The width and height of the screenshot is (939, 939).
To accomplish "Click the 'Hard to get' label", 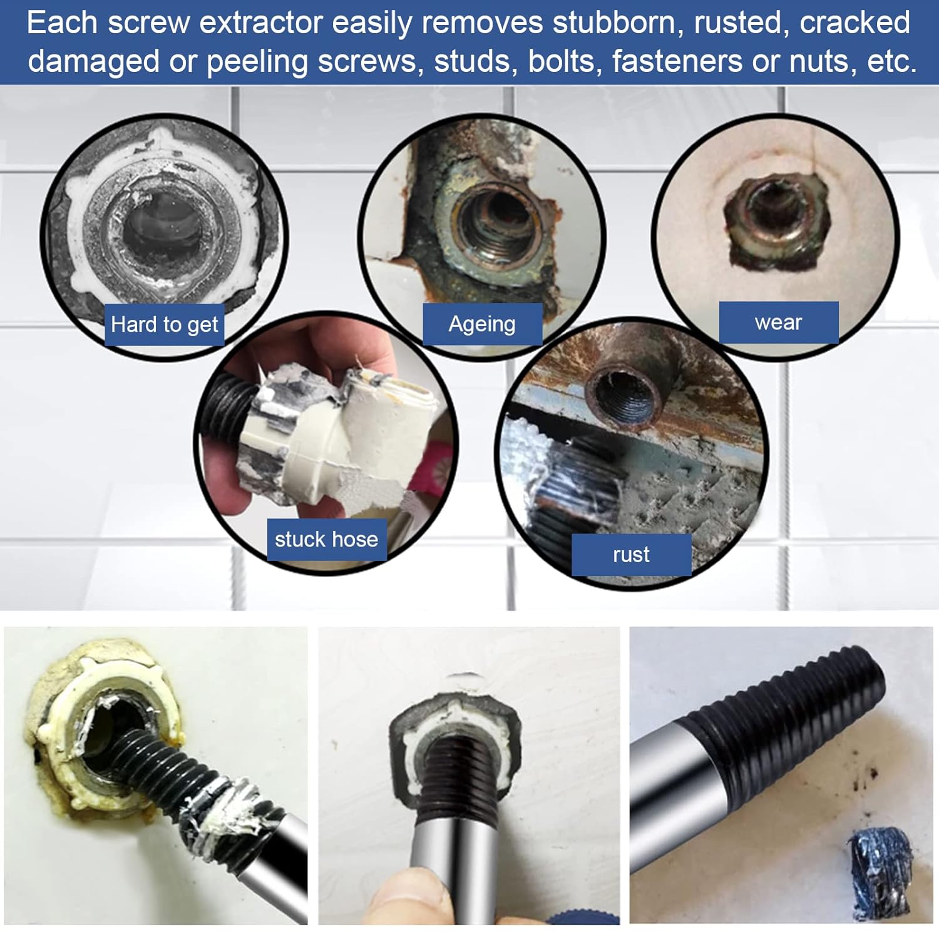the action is click(164, 324).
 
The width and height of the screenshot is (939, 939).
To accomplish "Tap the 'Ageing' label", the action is click(482, 324).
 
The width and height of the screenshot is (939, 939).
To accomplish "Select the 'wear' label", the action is click(778, 322).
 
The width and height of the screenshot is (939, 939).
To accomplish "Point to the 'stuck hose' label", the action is click(326, 539).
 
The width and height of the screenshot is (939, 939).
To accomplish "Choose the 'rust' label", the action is click(631, 555).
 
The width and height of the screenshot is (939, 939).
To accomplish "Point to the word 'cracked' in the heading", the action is click(854, 23).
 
